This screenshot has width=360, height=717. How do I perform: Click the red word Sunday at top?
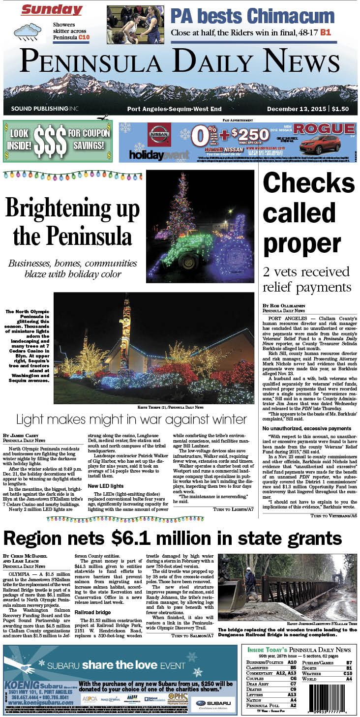[52, 10]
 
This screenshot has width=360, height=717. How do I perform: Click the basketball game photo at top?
[135, 25]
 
